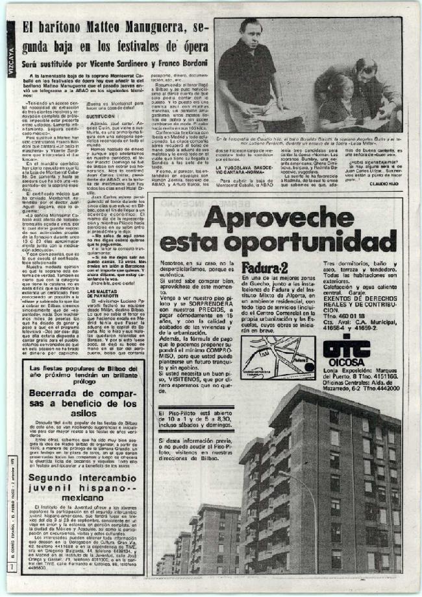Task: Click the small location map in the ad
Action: click(x=278, y=358)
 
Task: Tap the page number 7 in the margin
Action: click(x=10, y=568)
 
